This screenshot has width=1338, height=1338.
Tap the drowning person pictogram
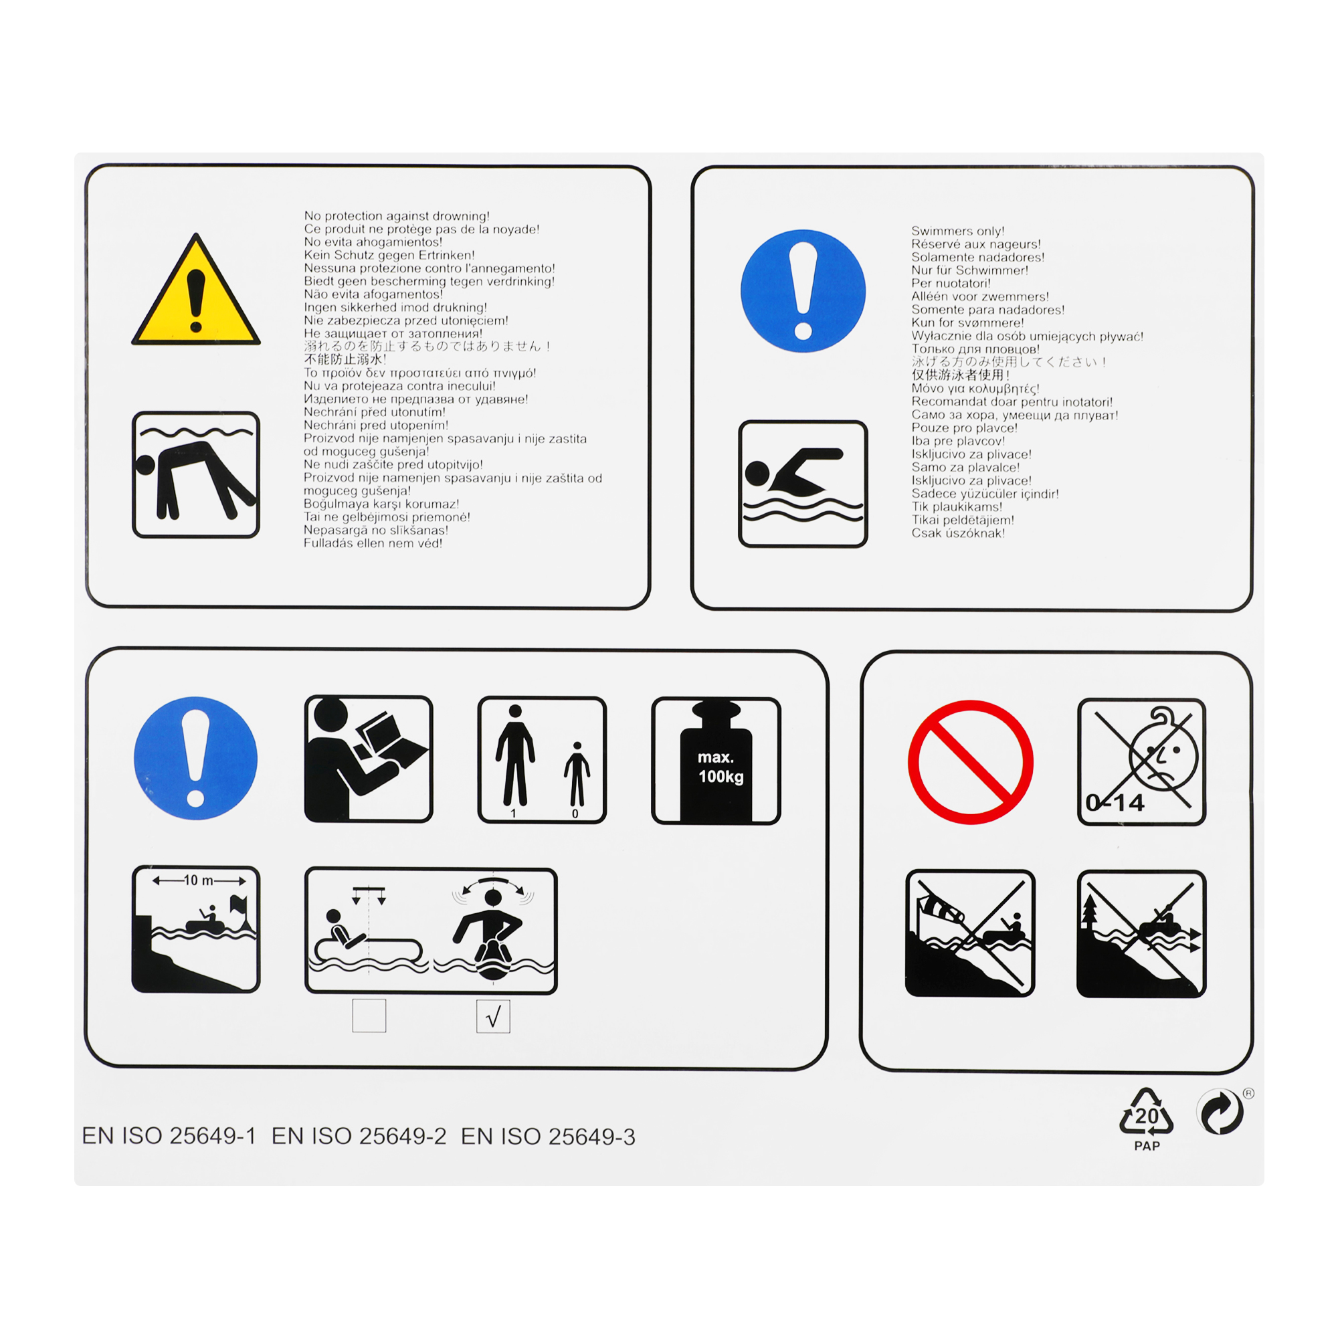196,474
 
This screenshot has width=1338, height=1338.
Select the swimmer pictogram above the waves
803,484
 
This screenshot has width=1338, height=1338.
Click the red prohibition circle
970,762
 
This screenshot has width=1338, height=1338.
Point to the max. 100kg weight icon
716,761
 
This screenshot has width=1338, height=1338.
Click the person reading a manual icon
369,759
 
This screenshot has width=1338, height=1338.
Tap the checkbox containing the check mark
493,1017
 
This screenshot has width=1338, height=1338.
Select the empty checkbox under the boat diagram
369,1016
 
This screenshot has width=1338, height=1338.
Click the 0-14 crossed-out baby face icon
1141,762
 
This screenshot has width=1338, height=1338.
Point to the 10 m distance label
199,880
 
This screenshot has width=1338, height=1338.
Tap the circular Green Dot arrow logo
1220,1113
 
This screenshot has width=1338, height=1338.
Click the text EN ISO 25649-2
359,1137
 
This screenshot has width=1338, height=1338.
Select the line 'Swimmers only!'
958,231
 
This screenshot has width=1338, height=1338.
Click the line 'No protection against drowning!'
397,216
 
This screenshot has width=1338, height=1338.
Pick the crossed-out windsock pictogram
969,933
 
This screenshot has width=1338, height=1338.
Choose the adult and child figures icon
542,761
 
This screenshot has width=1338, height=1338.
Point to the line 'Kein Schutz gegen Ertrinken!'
389,255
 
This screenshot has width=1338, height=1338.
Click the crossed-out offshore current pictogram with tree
1141,934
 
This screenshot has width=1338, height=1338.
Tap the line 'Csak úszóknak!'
958,533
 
